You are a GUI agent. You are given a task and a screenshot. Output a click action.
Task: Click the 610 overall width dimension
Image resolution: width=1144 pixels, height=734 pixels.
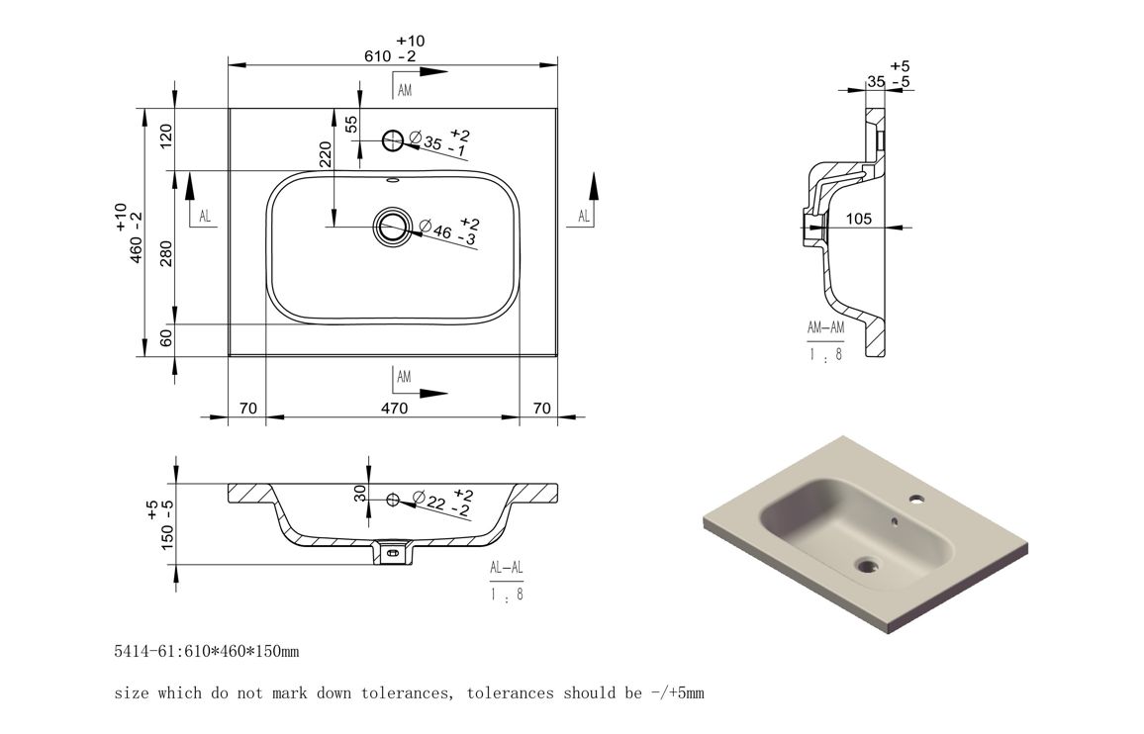tap(379, 56)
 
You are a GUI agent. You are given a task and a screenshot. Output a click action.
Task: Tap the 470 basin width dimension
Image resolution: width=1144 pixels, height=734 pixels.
tap(394, 409)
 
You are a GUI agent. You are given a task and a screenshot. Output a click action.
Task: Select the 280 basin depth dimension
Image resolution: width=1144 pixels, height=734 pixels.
tap(166, 253)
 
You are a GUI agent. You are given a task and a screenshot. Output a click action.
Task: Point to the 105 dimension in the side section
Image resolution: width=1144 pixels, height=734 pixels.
tap(859, 219)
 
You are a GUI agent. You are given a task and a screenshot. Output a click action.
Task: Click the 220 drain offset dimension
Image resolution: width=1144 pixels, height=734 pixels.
tap(326, 154)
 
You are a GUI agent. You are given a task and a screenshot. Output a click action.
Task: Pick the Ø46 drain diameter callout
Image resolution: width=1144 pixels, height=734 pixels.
tap(448, 230)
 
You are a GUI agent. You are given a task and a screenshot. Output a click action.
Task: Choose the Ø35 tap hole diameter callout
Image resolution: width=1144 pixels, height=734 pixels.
tap(438, 141)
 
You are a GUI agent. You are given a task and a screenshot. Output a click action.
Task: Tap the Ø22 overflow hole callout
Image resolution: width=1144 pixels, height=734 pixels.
tap(441, 502)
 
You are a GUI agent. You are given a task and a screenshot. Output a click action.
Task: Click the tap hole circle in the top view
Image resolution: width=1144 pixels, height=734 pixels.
tap(393, 139)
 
